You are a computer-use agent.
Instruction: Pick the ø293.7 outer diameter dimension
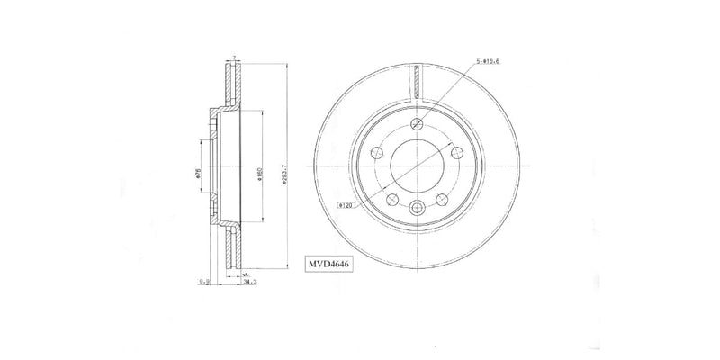point(284,170)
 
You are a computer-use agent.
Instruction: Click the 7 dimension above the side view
point(232,58)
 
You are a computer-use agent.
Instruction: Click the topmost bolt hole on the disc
point(416,125)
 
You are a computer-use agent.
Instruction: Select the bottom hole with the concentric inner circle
point(416,209)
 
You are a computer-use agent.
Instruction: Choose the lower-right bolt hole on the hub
point(441,198)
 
